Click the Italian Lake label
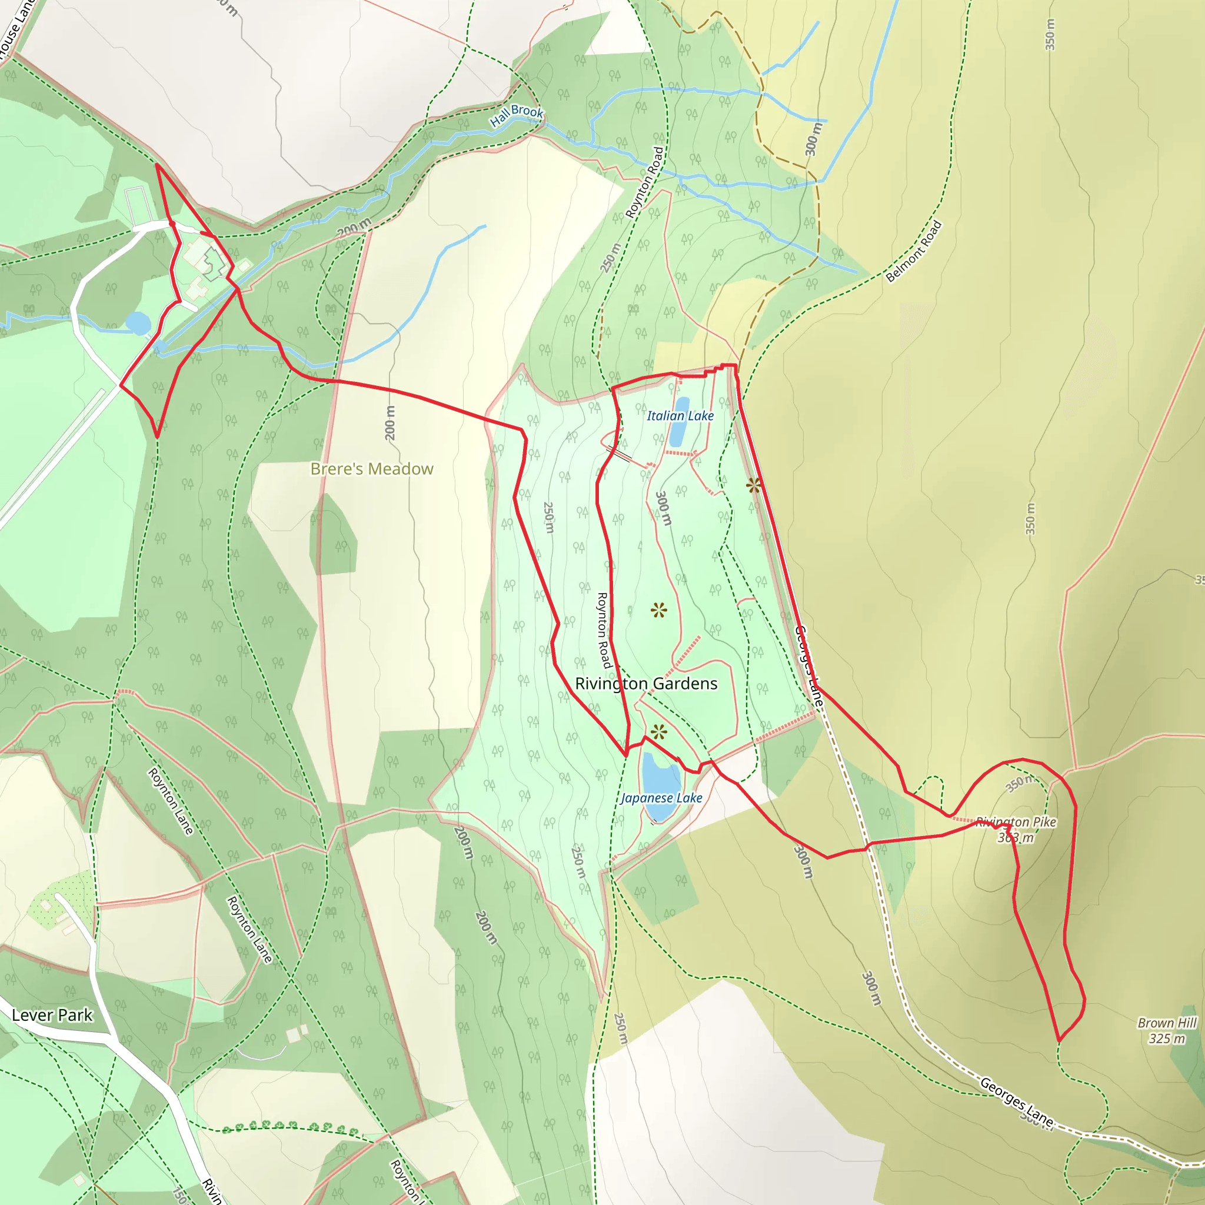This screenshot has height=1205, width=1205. click(x=680, y=416)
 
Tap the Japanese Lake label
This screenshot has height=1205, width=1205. click(x=661, y=798)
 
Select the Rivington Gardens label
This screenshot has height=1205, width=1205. click(x=646, y=684)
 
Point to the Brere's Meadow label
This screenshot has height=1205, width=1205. click(x=372, y=469)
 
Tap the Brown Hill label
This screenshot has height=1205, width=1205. click(x=1167, y=1023)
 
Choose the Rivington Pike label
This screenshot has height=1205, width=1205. click(x=1016, y=822)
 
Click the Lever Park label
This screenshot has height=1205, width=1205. click(x=52, y=1016)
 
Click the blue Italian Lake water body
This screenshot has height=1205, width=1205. click(x=678, y=422)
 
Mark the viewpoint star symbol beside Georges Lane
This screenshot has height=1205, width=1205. click(x=754, y=485)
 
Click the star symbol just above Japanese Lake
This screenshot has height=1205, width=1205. click(x=658, y=732)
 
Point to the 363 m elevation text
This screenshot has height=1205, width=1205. click(x=1016, y=838)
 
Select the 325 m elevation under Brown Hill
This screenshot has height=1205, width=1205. click(x=1167, y=1038)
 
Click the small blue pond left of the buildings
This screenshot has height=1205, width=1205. click(x=138, y=324)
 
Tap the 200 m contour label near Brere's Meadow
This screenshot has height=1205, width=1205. click(x=390, y=423)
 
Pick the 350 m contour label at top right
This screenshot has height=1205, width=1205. click(x=1050, y=34)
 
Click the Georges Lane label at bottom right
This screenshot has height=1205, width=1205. click(x=1017, y=1102)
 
